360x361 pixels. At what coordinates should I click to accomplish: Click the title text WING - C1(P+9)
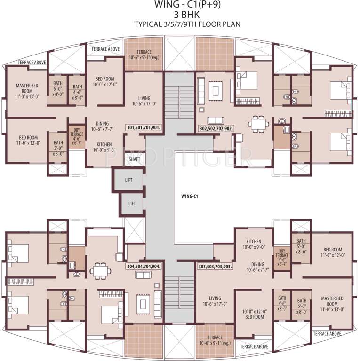[x=180, y=5]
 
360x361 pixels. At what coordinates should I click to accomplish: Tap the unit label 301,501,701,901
[x=144, y=127]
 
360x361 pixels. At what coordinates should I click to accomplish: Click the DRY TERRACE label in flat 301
[x=76, y=136]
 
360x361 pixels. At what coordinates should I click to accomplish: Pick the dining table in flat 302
[x=257, y=124]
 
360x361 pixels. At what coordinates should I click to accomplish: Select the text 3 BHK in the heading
[x=180, y=15]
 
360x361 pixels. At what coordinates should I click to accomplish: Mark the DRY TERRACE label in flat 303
[x=282, y=257]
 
